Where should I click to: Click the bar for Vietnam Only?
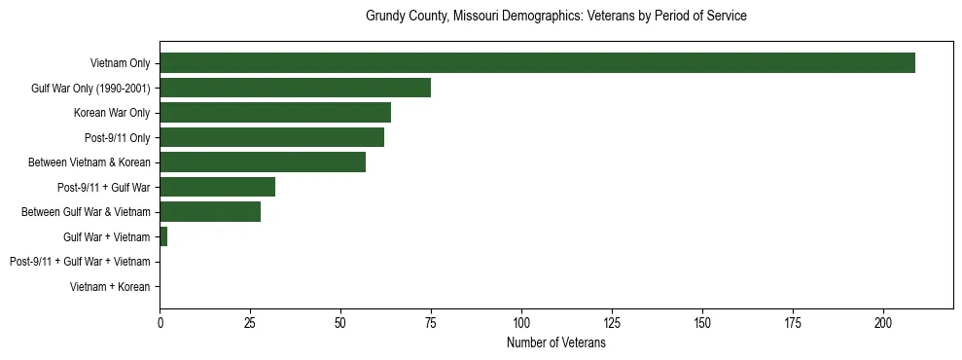click(537, 63)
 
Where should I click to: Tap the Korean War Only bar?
click(275, 113)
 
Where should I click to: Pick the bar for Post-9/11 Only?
click(271, 137)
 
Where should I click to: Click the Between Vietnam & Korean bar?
click(263, 162)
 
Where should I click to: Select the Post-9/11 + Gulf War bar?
click(217, 187)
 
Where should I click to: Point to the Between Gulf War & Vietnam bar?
click(210, 211)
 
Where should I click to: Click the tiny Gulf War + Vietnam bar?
click(163, 236)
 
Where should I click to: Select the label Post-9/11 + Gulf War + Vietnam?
click(80, 262)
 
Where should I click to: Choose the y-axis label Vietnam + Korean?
click(111, 287)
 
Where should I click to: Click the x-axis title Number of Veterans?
click(555, 343)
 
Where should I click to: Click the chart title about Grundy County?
click(555, 17)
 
